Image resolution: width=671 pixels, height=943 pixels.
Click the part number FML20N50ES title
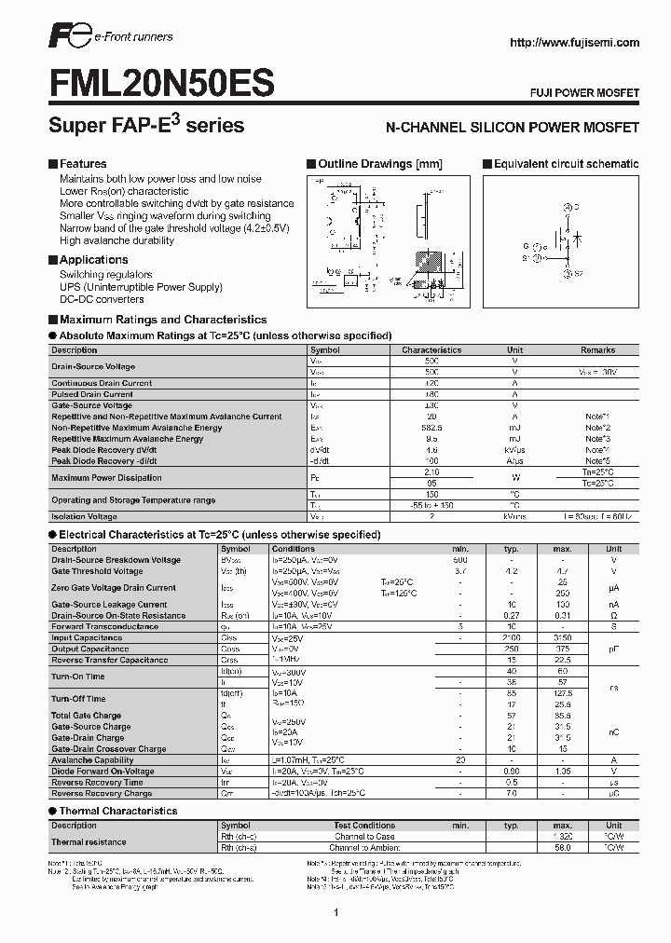pyautogui.click(x=160, y=85)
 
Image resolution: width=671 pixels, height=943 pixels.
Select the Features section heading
pyautogui.click(x=83, y=164)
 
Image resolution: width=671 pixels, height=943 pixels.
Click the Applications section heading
pyautogui.click(x=93, y=260)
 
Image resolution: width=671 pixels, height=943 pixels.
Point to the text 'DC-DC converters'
pyautogui.click(x=102, y=299)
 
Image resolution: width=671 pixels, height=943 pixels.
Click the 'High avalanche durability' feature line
pyautogui.click(x=116, y=240)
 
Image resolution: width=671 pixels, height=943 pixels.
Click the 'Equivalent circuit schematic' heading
pyautogui.click(x=566, y=164)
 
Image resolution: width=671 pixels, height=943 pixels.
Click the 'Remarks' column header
pyautogui.click(x=597, y=350)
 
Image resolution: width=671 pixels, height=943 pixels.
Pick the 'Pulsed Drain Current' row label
pyautogui.click(x=92, y=394)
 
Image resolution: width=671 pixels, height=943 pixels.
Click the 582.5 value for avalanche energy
pyautogui.click(x=431, y=428)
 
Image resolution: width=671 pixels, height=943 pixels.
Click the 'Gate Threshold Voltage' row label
pyautogui.click(x=97, y=571)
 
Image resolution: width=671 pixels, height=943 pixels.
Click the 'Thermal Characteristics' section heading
pyautogui.click(x=118, y=811)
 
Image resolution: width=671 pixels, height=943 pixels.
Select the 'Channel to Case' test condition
pyautogui.click(x=364, y=836)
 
